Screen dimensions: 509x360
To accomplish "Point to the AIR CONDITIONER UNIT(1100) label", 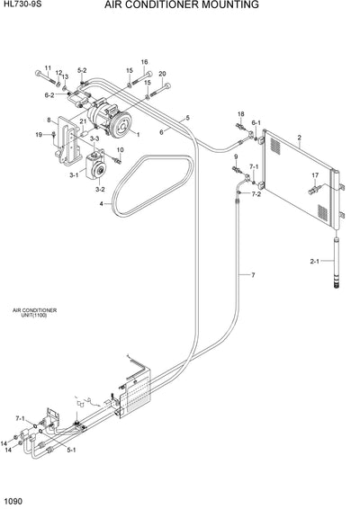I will pyautogui.click(x=34, y=313).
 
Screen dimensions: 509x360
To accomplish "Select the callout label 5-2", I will pyautogui.click(x=82, y=70).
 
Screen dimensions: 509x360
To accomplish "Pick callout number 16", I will pyautogui.click(x=143, y=62).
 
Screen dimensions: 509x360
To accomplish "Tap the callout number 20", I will pyautogui.click(x=162, y=74).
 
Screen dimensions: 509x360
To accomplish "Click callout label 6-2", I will pyautogui.click(x=49, y=94).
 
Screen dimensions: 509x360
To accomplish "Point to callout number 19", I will pyautogui.click(x=40, y=135).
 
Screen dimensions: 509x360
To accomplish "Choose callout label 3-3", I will pyautogui.click(x=94, y=138).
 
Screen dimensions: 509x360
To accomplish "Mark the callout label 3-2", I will pyautogui.click(x=100, y=190).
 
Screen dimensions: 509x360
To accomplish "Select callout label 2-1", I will pyautogui.click(x=315, y=262).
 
